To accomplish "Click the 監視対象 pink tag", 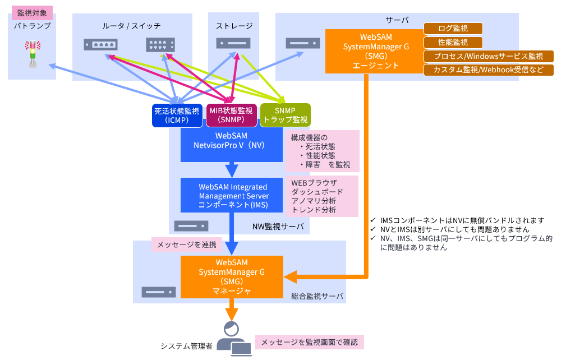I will tap(32, 12).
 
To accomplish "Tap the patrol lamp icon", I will tap(33, 54).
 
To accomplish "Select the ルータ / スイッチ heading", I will tap(132, 26).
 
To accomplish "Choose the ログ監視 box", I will tap(453, 28).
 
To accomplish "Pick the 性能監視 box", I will tap(453, 42).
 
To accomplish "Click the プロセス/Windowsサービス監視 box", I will tap(489, 56).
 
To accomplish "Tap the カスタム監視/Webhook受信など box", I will tap(489, 70).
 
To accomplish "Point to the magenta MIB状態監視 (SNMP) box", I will tap(231, 115).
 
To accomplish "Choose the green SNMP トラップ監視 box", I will tap(286, 115).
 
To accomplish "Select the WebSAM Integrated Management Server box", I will tap(232, 195).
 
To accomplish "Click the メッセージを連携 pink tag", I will tap(187, 244).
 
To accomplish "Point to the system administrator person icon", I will tap(232, 339).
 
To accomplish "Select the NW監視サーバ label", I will tap(278, 227).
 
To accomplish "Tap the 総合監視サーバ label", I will tap(317, 296).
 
